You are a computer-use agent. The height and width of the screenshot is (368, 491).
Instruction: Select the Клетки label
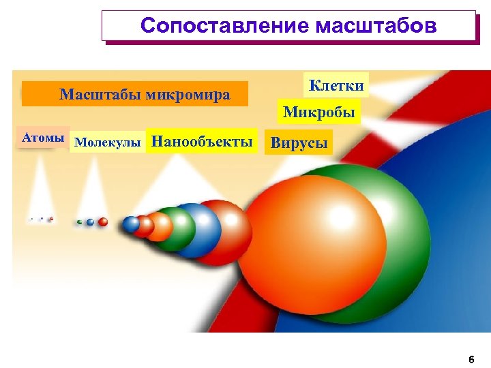click(x=336, y=86)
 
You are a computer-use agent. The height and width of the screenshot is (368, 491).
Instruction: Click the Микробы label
click(x=318, y=111)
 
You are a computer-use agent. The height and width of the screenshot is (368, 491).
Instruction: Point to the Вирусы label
click(x=299, y=143)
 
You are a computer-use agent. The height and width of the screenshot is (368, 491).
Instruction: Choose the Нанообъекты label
click(x=202, y=142)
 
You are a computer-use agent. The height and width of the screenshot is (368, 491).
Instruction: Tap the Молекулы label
click(x=107, y=142)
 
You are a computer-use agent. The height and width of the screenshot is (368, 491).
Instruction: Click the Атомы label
click(x=43, y=138)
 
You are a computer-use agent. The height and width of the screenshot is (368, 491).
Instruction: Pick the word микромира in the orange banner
click(x=187, y=94)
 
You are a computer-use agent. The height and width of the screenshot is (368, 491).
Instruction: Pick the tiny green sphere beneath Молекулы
click(x=80, y=222)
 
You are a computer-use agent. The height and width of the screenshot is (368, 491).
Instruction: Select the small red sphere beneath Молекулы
click(x=103, y=221)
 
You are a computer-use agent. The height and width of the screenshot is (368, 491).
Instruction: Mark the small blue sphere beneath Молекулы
click(x=90, y=222)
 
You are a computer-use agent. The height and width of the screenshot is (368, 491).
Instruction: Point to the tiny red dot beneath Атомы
click(x=51, y=219)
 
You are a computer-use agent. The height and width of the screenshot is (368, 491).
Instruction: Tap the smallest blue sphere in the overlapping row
click(x=131, y=224)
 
